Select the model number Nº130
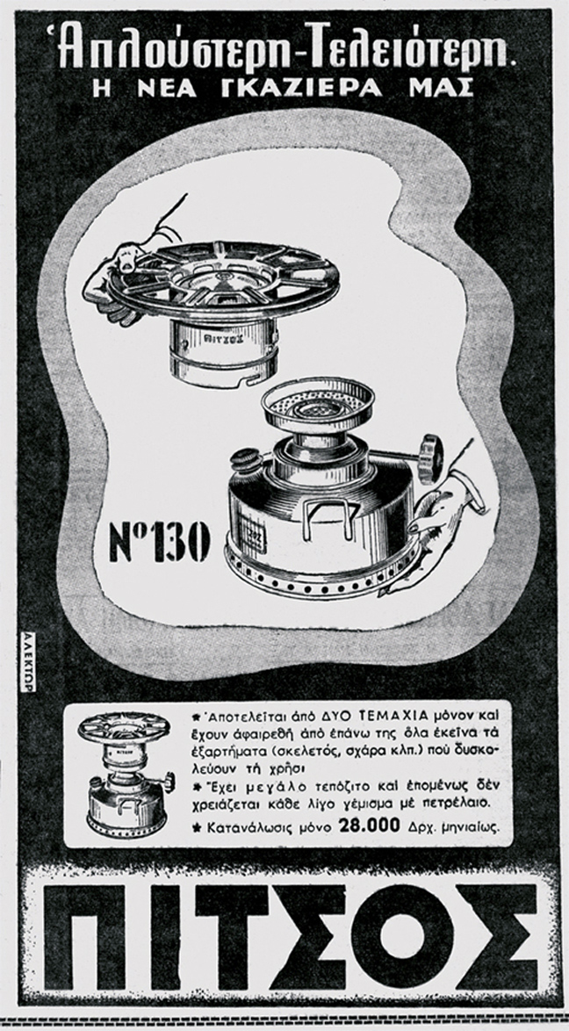(161, 542)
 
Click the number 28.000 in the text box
(369, 826)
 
